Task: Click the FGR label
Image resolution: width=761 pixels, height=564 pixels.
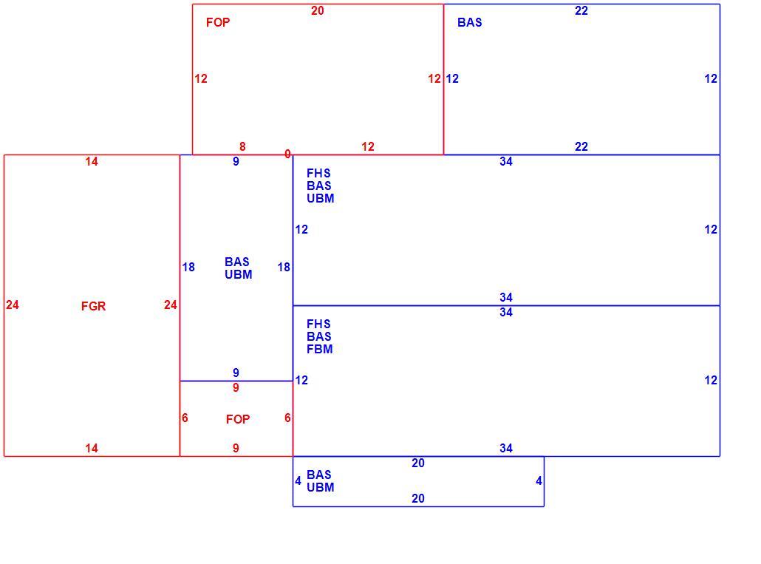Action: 93,306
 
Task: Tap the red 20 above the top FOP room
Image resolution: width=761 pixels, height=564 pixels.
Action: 318,10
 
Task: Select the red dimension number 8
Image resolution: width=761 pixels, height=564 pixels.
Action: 242,146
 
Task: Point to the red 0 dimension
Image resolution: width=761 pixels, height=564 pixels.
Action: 287,154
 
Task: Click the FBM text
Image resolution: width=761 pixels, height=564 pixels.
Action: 319,349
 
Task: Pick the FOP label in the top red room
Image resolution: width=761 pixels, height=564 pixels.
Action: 218,22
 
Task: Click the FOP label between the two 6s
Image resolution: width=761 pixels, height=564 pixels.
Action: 238,419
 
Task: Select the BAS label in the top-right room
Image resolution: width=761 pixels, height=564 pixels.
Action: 470,22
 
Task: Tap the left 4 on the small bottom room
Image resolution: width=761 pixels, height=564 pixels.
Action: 298,481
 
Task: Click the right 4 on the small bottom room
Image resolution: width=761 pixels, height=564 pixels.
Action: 539,481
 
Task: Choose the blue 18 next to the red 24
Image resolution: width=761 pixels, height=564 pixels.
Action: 188,267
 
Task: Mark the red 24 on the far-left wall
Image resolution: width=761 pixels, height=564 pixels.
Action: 13,305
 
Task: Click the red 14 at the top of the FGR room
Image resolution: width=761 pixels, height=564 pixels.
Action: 91,162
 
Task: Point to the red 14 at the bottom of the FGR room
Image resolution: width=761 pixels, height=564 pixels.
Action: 91,448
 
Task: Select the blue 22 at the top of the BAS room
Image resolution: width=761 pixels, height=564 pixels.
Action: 581,10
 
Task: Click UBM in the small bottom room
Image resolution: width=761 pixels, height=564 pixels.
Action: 321,487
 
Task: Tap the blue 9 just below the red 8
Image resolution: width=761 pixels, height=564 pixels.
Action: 236,162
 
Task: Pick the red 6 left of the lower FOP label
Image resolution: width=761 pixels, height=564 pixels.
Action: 185,418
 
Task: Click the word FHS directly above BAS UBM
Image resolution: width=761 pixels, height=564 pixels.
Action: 318,173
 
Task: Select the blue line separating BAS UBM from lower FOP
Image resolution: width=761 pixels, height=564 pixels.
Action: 236,381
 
